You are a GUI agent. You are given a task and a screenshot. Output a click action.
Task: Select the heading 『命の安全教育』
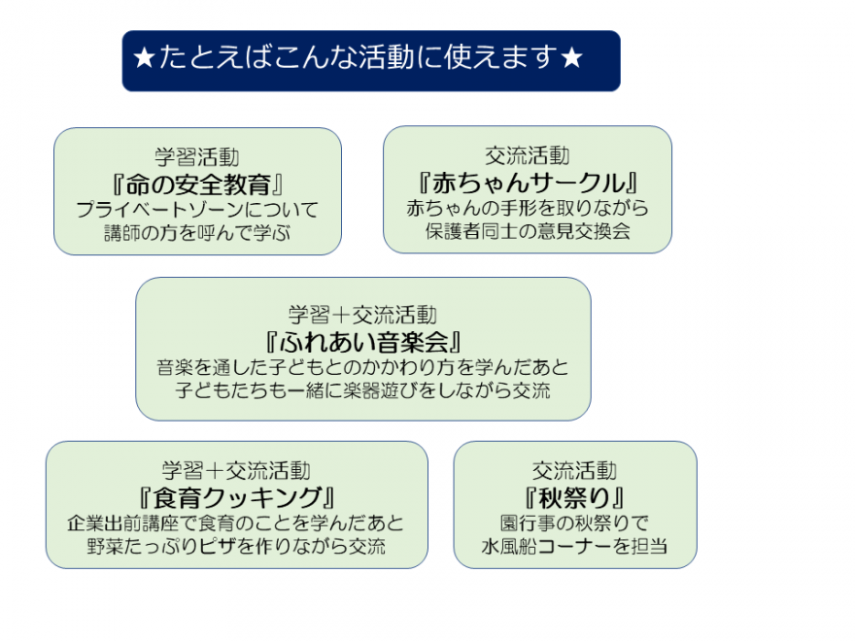tap(197, 184)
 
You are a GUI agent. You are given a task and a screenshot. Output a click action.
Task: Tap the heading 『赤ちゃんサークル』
tap(528, 183)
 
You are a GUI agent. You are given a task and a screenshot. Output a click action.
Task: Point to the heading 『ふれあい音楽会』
tap(362, 342)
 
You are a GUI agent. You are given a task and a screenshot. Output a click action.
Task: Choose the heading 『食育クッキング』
tap(237, 497)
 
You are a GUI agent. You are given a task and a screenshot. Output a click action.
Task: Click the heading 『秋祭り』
tap(574, 497)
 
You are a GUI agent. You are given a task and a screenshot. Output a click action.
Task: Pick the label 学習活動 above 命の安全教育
tap(197, 157)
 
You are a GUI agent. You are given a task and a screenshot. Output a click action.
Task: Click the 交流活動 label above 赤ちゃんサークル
tap(528, 156)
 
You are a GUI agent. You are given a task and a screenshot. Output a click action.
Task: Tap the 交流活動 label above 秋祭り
tap(574, 471)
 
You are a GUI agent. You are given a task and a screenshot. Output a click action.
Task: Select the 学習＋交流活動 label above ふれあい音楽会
tap(362, 315)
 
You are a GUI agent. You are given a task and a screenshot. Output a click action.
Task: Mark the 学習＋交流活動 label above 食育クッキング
tap(237, 471)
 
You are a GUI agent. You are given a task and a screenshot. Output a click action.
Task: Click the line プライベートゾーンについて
tap(197, 209)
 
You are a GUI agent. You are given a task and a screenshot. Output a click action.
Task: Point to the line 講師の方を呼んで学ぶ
tap(197, 232)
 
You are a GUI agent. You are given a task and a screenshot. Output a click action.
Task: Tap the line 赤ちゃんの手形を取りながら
tap(528, 208)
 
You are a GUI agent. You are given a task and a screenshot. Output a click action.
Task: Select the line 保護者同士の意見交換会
tap(528, 231)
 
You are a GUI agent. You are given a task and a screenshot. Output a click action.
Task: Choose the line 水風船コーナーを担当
tap(574, 546)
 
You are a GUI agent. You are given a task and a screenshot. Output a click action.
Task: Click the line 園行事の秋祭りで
tap(574, 523)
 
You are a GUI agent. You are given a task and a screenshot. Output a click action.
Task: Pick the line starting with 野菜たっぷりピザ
tap(237, 546)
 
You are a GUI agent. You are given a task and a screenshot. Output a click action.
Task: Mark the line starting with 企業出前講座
tap(237, 523)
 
